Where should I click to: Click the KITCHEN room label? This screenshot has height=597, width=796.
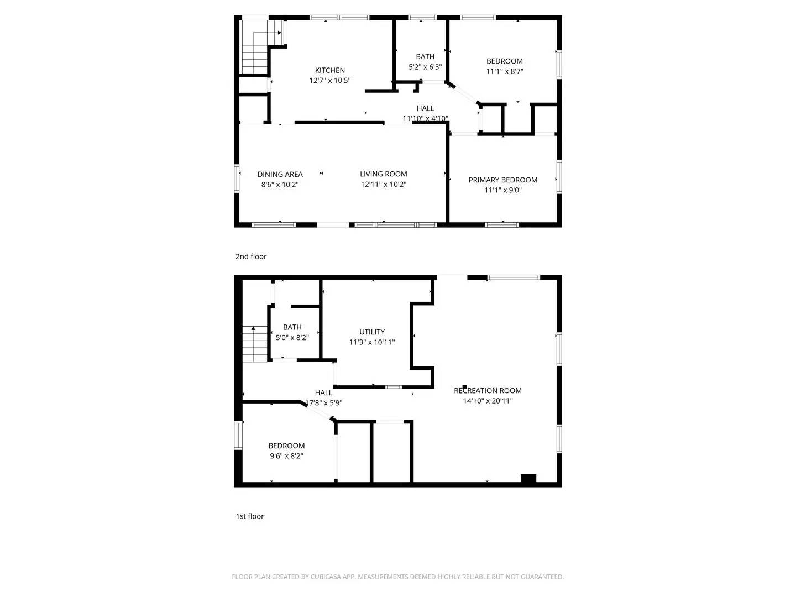[x=330, y=70]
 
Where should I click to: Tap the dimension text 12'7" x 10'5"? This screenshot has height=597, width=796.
[x=330, y=81]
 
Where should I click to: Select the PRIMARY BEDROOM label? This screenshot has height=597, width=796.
[x=503, y=180]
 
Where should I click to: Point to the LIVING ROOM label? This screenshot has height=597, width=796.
[x=384, y=174]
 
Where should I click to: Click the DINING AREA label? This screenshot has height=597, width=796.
[x=280, y=174]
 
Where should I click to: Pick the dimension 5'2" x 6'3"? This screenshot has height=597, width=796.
[x=425, y=67]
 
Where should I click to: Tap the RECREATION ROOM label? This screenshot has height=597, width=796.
[x=488, y=391]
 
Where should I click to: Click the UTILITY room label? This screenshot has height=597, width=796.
[x=372, y=332]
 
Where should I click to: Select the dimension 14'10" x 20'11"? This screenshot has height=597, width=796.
[x=488, y=401]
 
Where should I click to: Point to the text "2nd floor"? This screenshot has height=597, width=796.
[x=251, y=256]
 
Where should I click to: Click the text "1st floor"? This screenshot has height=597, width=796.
[x=250, y=516]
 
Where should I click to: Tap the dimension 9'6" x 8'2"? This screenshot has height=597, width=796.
[x=286, y=456]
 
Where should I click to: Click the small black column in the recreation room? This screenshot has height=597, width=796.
[x=465, y=387]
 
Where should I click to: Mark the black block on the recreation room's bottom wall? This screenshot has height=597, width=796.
[x=528, y=479]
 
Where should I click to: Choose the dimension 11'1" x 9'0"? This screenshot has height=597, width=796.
[x=503, y=190]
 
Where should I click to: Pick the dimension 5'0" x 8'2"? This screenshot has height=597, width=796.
[x=292, y=338]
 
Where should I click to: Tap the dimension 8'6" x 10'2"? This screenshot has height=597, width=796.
[x=280, y=185]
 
